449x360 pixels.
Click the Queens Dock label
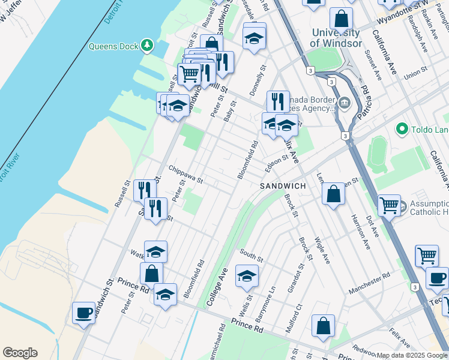pos(113,46)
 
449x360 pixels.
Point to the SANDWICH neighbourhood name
pos(283,187)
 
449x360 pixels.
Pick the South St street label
pos(252,255)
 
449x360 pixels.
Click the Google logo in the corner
pos(20,353)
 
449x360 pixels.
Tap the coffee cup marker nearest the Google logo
pos(83,312)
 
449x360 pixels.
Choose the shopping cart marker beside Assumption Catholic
pos(389,205)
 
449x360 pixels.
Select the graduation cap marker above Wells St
pos(247,275)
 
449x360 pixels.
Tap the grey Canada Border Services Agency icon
pos(344,102)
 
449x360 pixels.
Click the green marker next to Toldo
pos(402,129)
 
